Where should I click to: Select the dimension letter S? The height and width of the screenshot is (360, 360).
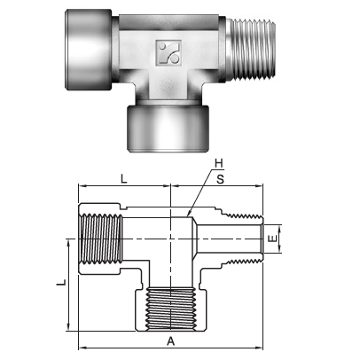click(x=219, y=178)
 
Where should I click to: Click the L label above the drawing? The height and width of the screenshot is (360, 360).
click(x=123, y=178)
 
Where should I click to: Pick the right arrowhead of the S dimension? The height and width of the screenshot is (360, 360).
click(x=262, y=187)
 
